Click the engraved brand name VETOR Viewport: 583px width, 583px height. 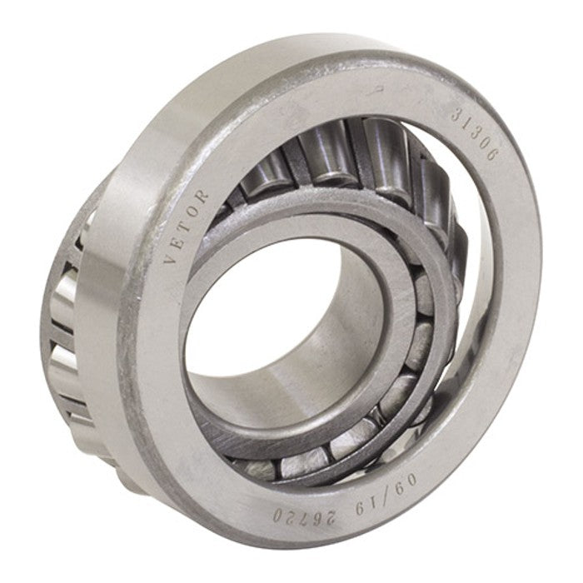pos(185,227)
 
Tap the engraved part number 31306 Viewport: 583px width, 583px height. pos(474,135)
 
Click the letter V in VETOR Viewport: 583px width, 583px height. pos(170,258)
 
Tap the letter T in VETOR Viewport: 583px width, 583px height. pos(182,228)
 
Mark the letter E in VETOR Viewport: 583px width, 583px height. pos(175,243)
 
